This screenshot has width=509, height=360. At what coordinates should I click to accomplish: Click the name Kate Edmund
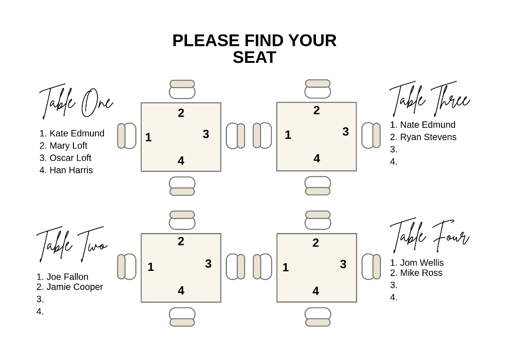click(76, 133)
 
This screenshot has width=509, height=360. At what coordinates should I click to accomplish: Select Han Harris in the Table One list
click(71, 170)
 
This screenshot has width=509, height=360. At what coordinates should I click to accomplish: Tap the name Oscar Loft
click(70, 158)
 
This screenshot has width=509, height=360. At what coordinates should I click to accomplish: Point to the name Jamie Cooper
click(75, 287)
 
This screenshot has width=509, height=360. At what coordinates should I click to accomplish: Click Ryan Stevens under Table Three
click(428, 137)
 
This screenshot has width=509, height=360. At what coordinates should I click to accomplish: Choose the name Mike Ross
click(421, 273)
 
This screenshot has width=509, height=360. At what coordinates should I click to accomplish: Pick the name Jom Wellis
click(422, 263)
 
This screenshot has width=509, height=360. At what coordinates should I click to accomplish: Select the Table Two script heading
click(72, 244)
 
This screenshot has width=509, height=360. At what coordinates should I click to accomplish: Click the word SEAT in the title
click(254, 58)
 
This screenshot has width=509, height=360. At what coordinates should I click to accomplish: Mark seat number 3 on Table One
click(206, 134)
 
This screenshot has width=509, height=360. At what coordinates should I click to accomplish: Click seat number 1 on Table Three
click(288, 135)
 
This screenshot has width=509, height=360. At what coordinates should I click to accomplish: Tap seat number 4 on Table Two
click(181, 291)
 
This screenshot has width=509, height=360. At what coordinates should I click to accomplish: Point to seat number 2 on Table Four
click(316, 243)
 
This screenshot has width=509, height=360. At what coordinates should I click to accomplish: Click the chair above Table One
click(182, 89)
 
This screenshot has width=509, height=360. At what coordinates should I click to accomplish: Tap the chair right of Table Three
click(371, 135)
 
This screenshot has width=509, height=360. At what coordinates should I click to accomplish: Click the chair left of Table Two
click(127, 267)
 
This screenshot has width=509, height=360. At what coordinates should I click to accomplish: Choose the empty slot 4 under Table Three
click(394, 162)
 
